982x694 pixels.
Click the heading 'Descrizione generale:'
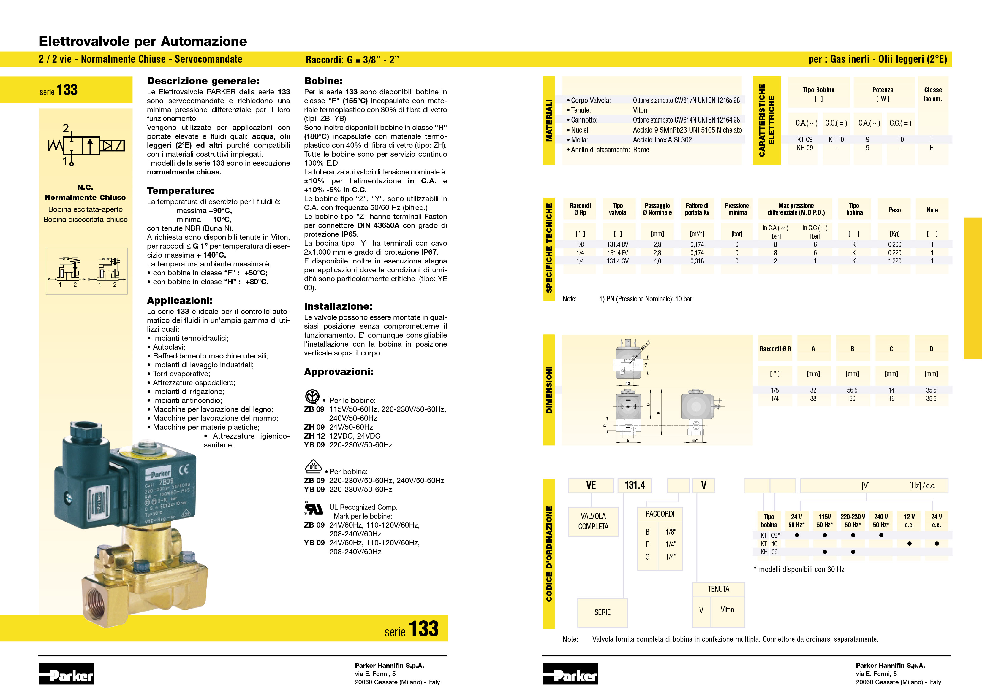203,81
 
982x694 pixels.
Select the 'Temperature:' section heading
180,190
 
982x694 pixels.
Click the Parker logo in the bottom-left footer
66,674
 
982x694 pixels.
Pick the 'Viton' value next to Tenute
640,110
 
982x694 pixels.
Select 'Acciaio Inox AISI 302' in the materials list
662,140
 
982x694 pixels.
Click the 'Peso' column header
894,210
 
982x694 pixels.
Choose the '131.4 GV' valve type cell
617,261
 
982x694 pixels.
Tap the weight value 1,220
894,261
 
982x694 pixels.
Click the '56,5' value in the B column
852,390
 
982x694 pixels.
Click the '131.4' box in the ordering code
634,485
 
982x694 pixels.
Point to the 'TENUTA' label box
718,589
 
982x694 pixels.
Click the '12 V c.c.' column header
909,520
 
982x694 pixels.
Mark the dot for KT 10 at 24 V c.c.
937,544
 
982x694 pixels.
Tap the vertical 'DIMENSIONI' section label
549,390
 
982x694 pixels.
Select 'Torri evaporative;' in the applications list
181,374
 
